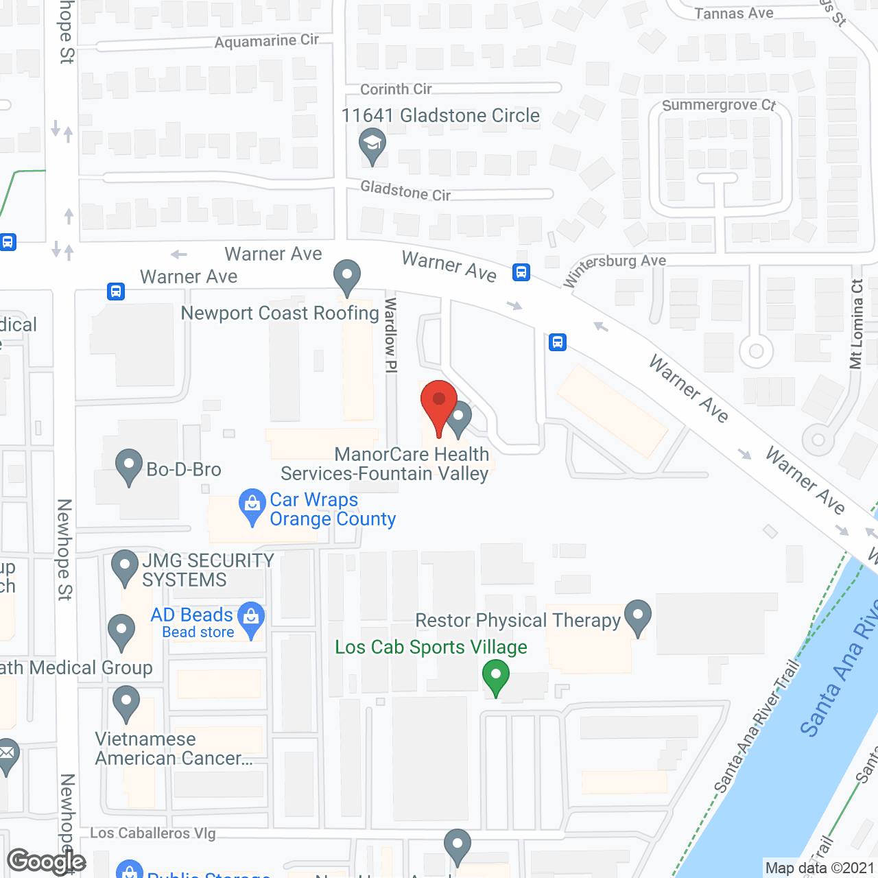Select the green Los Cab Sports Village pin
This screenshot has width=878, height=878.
(x=495, y=676)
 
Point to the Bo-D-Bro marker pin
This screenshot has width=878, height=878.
(x=129, y=466)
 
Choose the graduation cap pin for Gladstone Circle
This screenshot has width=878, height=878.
(x=372, y=146)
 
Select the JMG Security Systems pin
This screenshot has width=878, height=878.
(x=125, y=567)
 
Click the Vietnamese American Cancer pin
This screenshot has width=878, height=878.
(x=126, y=703)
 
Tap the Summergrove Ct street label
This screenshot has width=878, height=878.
(x=719, y=105)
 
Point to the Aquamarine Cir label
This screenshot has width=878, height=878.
(x=267, y=41)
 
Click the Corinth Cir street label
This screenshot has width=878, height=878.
(x=396, y=89)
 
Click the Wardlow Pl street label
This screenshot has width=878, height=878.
(x=391, y=335)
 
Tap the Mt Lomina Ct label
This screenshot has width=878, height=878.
(x=856, y=324)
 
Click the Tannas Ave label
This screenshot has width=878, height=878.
(x=734, y=13)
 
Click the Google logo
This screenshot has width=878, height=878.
(x=46, y=862)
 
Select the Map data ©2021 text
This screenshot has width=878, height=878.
(x=820, y=868)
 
